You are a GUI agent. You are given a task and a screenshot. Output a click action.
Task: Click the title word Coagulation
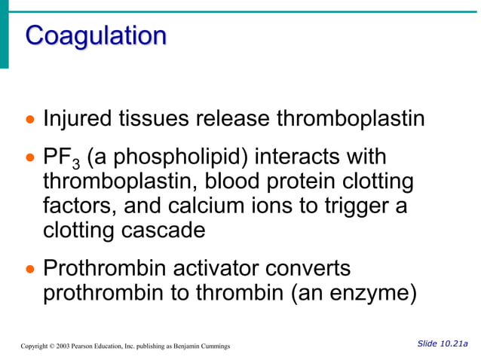click(95, 35)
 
